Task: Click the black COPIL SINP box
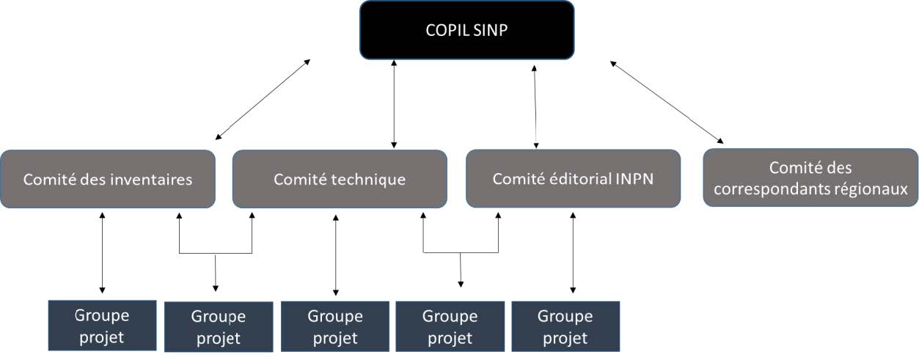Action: coord(466,30)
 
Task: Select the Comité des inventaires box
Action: coord(108,179)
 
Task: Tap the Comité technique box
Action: coord(340,179)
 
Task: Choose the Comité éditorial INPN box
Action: coord(573,178)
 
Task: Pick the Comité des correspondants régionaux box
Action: coord(810,178)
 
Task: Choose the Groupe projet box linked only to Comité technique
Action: coord(335,327)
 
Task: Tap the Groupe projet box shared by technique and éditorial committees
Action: coord(450,327)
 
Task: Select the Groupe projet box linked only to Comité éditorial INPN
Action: coord(565,327)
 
